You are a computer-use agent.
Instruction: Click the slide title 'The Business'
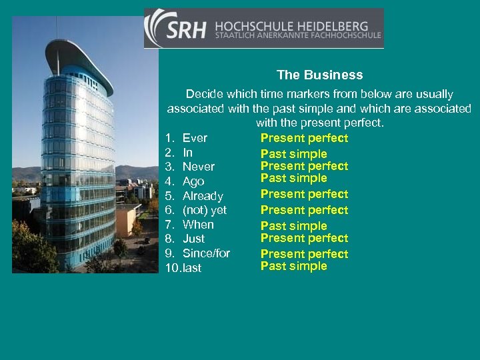[320, 75]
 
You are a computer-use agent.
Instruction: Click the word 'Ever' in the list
[195, 138]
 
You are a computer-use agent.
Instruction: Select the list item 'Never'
[198, 167]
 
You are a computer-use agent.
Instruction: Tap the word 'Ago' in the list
[193, 181]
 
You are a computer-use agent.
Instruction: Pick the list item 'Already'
[203, 196]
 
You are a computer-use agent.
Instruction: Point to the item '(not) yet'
[205, 210]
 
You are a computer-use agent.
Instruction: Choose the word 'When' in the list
[198, 225]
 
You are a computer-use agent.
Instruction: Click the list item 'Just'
[193, 239]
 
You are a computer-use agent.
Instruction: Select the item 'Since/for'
[206, 253]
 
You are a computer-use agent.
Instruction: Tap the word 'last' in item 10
[192, 268]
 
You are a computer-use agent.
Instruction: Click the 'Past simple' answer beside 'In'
[293, 154]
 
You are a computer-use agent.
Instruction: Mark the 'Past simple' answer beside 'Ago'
[293, 178]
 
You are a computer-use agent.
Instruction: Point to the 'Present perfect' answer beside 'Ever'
[304, 138]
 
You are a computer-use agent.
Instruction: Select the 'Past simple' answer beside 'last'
[293, 266]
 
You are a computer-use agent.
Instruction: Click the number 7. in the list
[170, 225]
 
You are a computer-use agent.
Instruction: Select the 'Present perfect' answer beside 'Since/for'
[304, 254]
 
